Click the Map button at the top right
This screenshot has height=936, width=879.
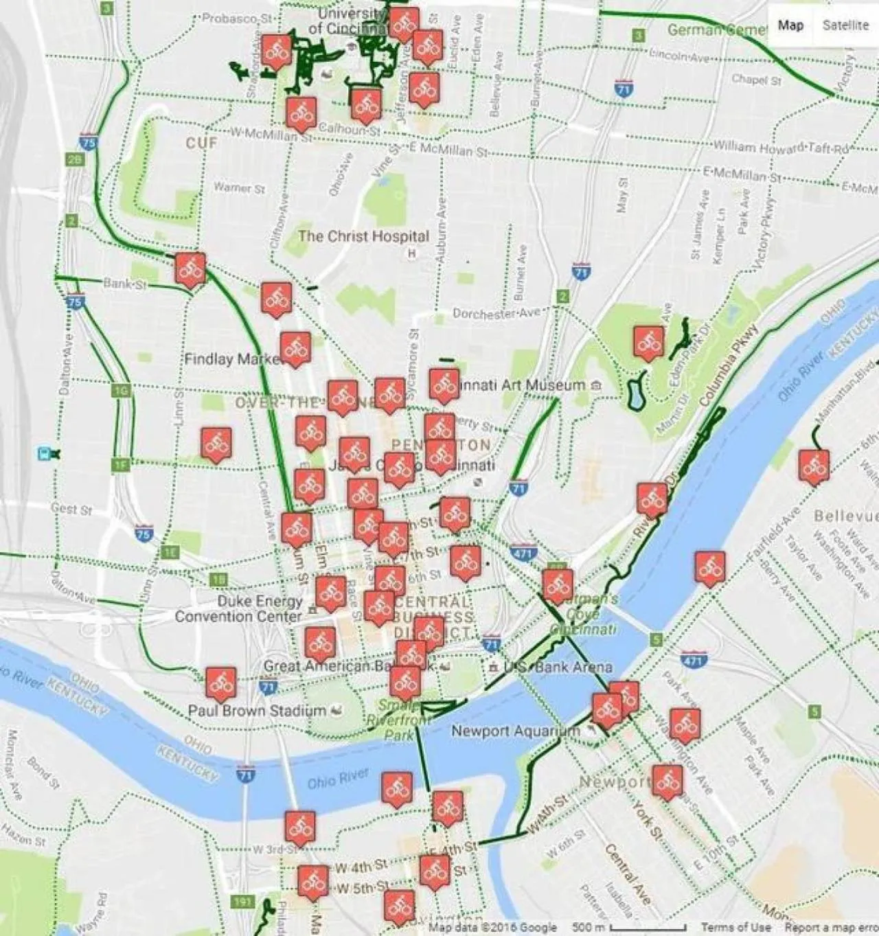coord(790,25)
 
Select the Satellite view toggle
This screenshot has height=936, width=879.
coord(845,25)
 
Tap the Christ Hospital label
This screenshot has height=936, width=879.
coord(363,236)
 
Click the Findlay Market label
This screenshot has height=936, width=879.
coord(232,359)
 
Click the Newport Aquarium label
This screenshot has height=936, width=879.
coord(515,731)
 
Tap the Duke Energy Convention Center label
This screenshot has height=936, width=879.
coord(238,608)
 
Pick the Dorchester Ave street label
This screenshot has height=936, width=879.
coord(496,313)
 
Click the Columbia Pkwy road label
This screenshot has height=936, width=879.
coord(729,364)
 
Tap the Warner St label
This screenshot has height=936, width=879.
coord(238,187)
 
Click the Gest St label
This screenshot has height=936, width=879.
coord(71,510)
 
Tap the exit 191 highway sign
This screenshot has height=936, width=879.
coord(242,902)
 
